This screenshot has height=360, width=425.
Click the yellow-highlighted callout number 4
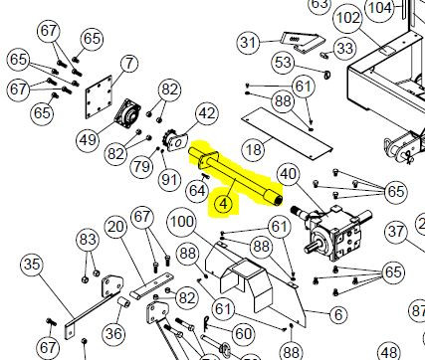(224, 204)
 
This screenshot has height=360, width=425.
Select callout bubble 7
(129, 63)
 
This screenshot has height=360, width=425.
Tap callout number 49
(89, 139)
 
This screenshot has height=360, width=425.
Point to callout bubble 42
(207, 113)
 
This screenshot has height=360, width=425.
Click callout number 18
(254, 149)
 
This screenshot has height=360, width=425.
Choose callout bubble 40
(289, 174)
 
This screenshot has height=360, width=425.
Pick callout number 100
(182, 222)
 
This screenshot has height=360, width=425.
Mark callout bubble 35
(32, 265)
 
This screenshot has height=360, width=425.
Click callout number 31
(249, 43)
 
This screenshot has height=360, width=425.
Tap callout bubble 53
(284, 63)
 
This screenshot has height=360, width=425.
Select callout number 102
(348, 17)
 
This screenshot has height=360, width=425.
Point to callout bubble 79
(142, 165)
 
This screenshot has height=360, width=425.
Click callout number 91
(169, 180)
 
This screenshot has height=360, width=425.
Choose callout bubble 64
(198, 191)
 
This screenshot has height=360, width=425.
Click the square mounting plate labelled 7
(99, 96)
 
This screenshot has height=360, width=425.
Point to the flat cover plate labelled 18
(287, 133)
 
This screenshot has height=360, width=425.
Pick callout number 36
(113, 333)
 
